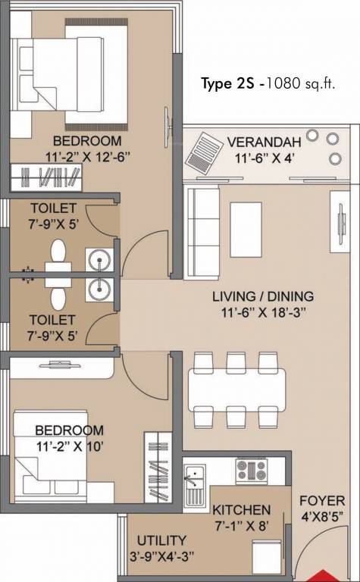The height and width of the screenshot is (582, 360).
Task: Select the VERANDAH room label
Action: click(264, 142)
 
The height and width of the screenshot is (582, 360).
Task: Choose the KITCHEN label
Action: click(242, 509)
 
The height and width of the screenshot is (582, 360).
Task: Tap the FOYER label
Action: click(322, 501)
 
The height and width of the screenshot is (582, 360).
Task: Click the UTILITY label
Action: click(161, 540)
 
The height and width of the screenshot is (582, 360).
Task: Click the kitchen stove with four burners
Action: click(250, 469)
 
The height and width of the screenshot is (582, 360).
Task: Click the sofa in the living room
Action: click(200, 224)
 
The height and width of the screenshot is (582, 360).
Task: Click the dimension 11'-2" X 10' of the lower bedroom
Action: click(69, 446)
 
